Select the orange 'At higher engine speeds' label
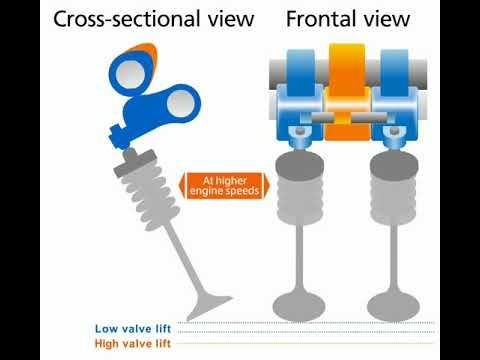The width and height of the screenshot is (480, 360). [x=222, y=186]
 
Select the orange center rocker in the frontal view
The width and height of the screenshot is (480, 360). [x=348, y=90]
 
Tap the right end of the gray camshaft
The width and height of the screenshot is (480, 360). [x=424, y=70]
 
